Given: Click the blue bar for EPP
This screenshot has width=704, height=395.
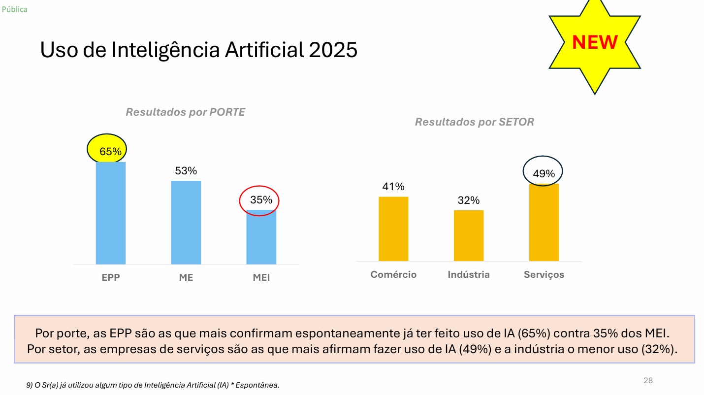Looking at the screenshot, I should click(110, 213).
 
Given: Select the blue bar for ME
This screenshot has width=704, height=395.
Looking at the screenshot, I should click(186, 222).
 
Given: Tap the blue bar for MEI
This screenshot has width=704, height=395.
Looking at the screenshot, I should click(261, 237).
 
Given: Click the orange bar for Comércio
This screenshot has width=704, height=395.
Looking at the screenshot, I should click(393, 229).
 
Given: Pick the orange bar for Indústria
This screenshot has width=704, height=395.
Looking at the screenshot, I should click(468, 235).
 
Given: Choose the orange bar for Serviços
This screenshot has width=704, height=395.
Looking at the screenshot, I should click(544, 222).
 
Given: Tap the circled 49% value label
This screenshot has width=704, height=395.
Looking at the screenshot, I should click(544, 173).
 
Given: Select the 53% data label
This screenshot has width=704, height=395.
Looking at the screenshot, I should click(186, 171).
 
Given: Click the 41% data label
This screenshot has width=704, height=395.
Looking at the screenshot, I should click(393, 187).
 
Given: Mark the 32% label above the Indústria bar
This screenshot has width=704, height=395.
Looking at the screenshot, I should click(468, 200).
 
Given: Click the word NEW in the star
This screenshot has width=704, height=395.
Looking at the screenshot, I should click(595, 42).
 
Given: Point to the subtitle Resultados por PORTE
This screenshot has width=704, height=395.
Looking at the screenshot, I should click(185, 112).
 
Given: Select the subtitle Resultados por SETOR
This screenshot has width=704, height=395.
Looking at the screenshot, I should click(474, 122).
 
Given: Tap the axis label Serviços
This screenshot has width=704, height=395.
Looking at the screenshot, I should click(544, 275).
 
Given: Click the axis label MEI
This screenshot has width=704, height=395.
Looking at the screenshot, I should click(261, 278).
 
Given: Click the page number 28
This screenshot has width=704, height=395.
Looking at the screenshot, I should click(648, 380).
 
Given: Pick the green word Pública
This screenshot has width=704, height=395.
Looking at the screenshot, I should click(15, 9).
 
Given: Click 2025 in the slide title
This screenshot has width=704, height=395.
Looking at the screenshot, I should click(333, 50).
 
